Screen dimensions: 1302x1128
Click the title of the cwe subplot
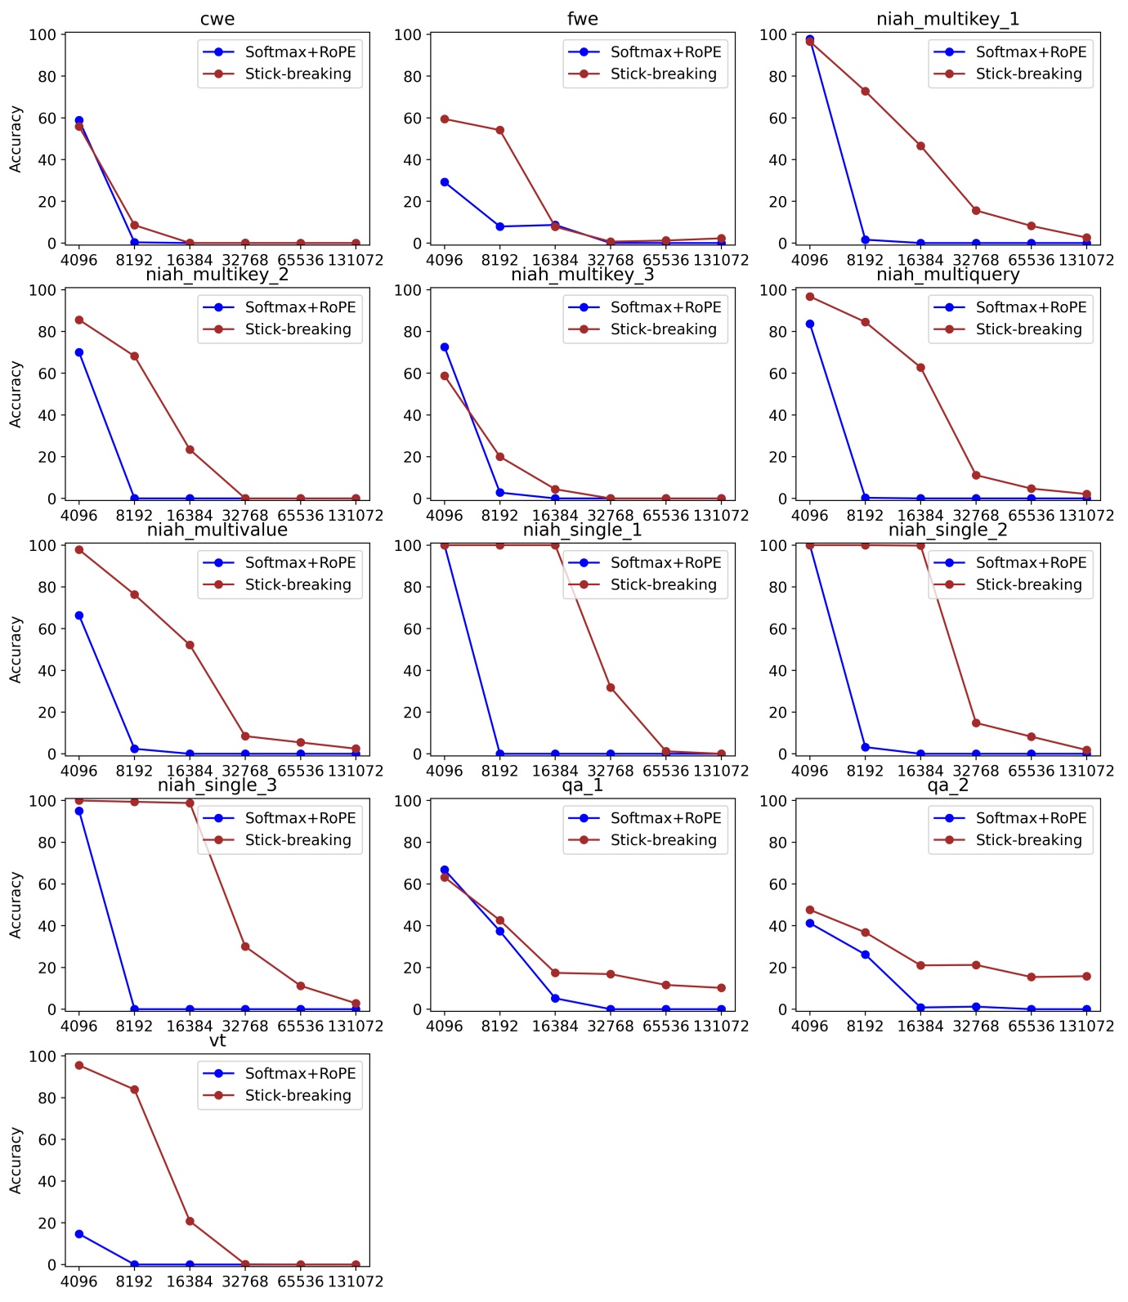pos(217,19)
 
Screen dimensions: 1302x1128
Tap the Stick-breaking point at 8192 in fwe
pos(500,130)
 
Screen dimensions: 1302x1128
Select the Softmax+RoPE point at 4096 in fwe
pos(445,182)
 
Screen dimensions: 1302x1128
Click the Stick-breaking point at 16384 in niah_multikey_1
pos(920,146)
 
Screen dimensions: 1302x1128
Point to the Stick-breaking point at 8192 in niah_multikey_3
pos(500,457)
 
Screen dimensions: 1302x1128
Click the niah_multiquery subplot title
pos(947,275)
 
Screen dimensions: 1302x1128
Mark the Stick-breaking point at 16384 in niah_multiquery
pos(920,368)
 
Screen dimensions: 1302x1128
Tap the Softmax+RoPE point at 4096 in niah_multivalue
pos(79,615)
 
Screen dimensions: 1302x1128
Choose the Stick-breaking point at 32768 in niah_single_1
pos(611,688)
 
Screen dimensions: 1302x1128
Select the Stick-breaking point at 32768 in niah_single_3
pos(245,946)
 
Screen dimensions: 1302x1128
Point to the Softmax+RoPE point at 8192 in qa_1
pos(500,931)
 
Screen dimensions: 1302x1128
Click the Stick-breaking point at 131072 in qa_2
pos(1086,976)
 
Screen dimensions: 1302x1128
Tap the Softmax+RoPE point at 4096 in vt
pos(79,1234)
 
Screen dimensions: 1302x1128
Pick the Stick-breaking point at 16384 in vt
pos(190,1221)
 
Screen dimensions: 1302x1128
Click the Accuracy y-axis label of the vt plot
pos(16,1161)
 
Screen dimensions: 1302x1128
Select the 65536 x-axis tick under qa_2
pos(1031,1027)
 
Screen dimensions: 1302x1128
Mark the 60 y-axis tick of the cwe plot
pos(47,119)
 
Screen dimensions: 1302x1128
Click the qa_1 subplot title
pos(582,785)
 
